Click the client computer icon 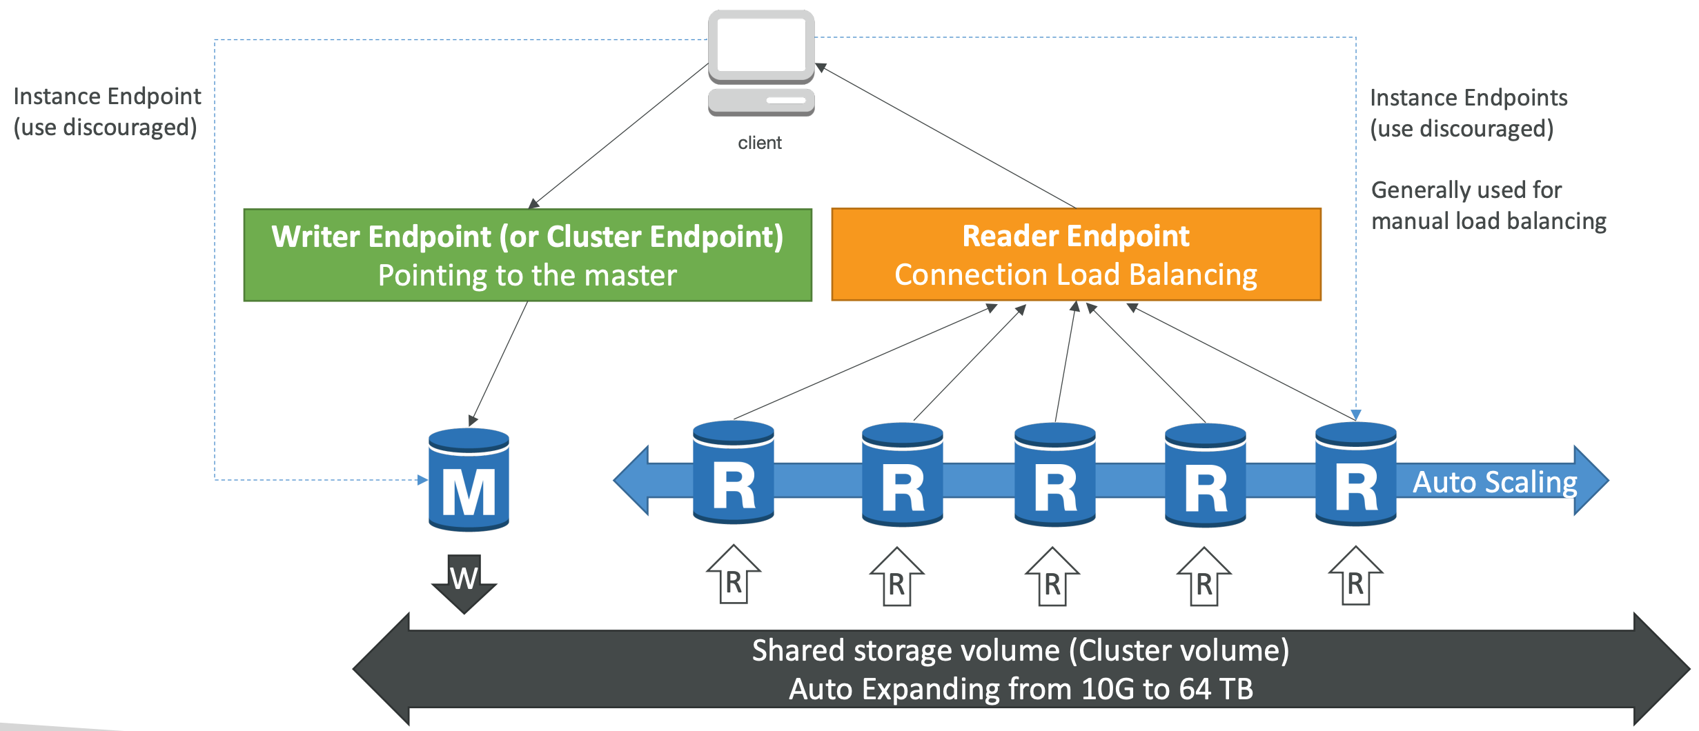click(761, 63)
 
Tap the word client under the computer click(760, 143)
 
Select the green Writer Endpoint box click(528, 255)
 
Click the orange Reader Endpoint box click(1077, 254)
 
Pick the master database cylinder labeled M click(469, 480)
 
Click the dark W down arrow click(464, 583)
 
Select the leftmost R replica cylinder click(734, 472)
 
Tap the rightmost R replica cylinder click(1356, 474)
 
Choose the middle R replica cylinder click(1055, 474)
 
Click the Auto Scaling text click(1495, 482)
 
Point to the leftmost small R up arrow click(734, 574)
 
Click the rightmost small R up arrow click(1356, 576)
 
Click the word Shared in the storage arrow click(798, 650)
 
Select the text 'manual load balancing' click(1489, 221)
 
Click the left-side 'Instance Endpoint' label click(107, 97)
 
